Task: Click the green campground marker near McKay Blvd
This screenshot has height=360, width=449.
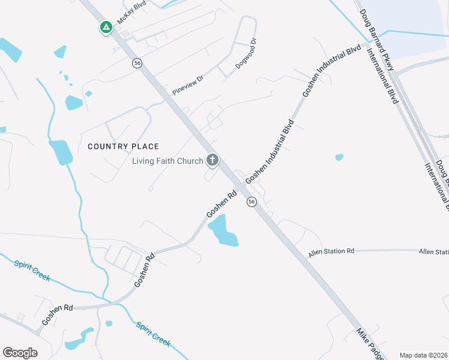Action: tap(106, 27)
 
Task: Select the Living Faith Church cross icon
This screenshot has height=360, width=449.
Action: tap(212, 160)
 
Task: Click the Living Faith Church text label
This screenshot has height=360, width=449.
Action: tap(167, 161)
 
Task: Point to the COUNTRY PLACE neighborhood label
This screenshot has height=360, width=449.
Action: tap(124, 146)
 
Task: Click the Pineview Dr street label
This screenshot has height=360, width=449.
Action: tap(188, 85)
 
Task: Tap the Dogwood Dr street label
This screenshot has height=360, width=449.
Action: tap(246, 55)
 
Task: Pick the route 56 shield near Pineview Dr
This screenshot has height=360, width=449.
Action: tap(138, 63)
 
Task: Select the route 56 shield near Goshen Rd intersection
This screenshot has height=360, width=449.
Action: tap(252, 202)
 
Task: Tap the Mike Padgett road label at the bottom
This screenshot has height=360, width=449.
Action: tap(369, 343)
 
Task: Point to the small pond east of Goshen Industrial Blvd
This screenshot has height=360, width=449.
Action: tap(339, 157)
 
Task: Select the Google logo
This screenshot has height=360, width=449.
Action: tap(20, 352)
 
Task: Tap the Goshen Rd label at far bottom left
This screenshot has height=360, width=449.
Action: tap(57, 315)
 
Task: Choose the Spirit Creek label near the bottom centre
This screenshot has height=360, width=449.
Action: tap(153, 334)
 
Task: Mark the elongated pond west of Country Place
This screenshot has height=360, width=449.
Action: tap(61, 152)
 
